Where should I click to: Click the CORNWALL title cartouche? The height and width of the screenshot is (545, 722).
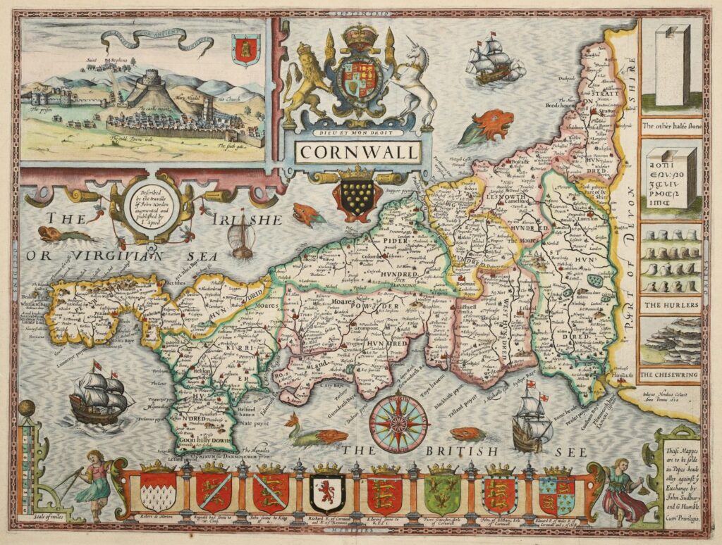[x=357, y=151]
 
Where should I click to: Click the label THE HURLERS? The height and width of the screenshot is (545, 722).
[x=671, y=305]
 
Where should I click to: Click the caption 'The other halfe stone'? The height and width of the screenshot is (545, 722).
[x=671, y=127]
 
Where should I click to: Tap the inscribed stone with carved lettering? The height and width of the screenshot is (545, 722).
[x=671, y=176]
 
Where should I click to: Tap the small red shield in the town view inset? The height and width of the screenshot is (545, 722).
[x=246, y=49]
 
